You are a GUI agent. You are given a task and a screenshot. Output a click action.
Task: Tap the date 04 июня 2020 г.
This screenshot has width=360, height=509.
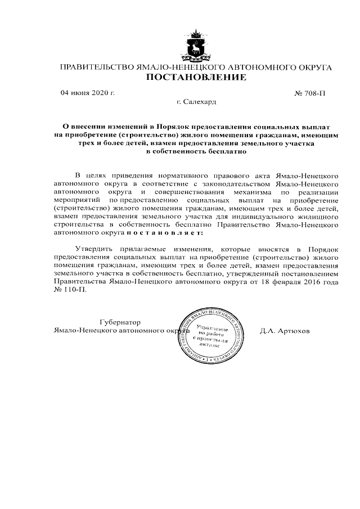(87, 93)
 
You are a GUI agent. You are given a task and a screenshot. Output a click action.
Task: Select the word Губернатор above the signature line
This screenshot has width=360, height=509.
(118, 322)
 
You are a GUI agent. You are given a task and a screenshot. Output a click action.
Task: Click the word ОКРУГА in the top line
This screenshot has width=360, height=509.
(310, 67)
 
